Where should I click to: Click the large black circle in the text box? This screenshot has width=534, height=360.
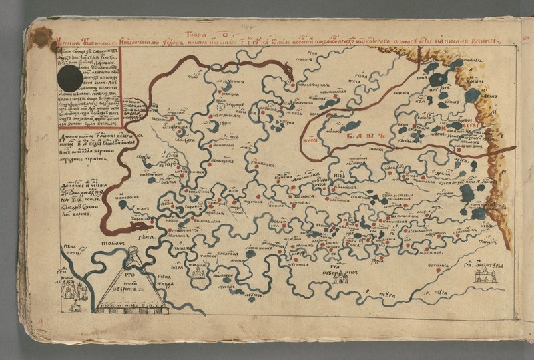(x=70, y=79)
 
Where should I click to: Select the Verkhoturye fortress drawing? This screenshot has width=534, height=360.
(x=485, y=276)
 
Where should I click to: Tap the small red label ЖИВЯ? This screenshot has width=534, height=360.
(x=308, y=141)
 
